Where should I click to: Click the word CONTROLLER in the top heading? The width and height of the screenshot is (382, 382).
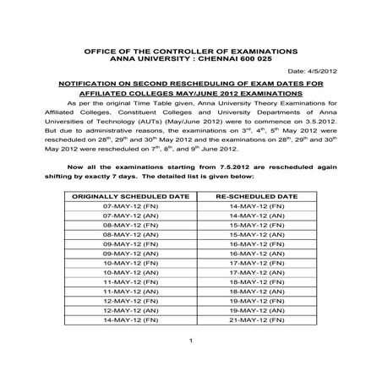pos(181,51)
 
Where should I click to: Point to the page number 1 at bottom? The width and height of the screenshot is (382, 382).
pos(192,364)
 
